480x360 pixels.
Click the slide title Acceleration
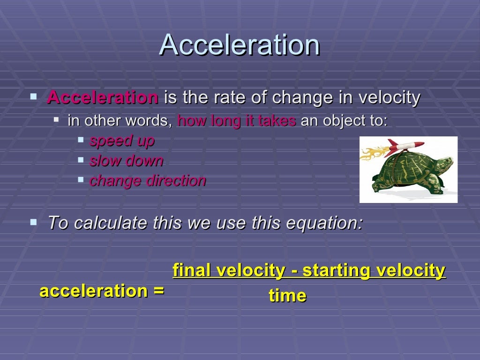240,45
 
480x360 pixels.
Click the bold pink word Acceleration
103,98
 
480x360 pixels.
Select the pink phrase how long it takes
237,121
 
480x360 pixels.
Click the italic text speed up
122,141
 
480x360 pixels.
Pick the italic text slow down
127,161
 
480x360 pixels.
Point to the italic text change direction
148,181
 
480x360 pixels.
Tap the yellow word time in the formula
287,295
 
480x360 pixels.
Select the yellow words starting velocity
374,270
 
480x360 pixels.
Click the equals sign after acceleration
158,291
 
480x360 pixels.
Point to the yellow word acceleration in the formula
94,291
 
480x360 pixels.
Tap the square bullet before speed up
81,140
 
